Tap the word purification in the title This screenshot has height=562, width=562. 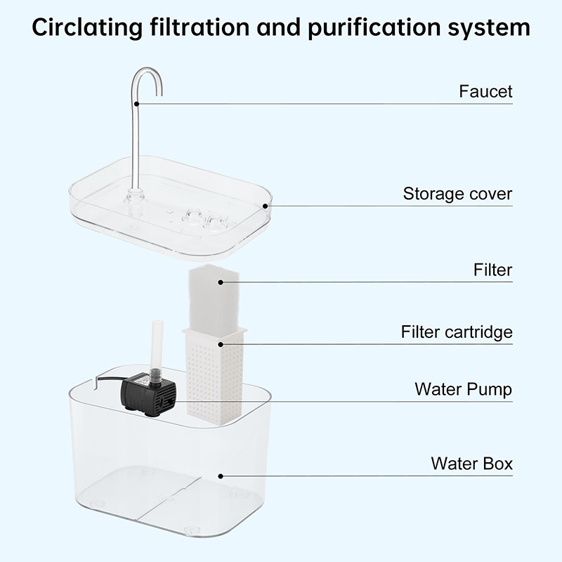372,28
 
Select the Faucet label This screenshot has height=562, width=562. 485,91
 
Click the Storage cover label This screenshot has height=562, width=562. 457,194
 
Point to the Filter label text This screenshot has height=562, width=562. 492,270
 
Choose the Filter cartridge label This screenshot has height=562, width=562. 457,332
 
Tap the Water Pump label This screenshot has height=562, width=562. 463,389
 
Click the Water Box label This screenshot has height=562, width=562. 471,464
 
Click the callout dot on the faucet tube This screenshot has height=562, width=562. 137,104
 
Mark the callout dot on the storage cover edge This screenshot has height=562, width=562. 265,206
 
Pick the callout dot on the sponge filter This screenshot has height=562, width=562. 220,282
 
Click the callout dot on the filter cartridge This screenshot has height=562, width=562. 221,344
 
